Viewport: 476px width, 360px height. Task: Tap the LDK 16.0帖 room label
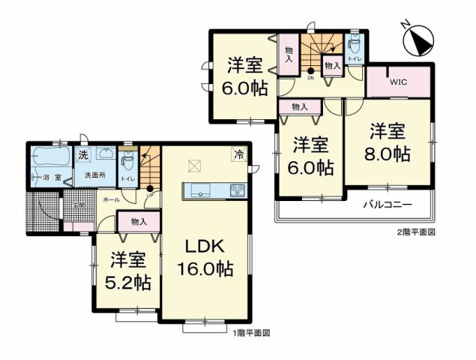point(204,259)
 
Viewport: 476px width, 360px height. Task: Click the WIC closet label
point(398,82)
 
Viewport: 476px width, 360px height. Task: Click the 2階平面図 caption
point(416,232)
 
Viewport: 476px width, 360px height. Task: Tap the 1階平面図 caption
point(250,332)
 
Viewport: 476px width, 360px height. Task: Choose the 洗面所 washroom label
point(94,175)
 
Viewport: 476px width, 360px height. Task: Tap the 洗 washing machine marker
point(85,155)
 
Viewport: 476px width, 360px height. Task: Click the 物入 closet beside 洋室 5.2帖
point(138,221)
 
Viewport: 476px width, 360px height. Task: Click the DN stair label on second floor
point(310,76)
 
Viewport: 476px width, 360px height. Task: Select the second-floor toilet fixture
point(355,46)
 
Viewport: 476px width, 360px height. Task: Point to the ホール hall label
point(110,201)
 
